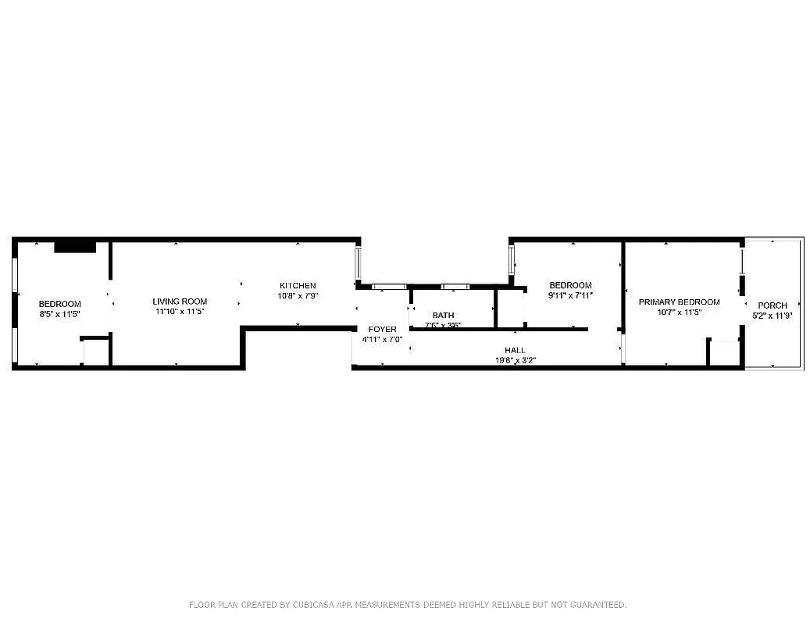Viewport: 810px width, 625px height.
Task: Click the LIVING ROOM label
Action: pyautogui.click(x=180, y=302)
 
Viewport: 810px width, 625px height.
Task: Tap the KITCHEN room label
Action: pyautogui.click(x=298, y=286)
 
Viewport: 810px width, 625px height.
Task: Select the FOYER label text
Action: pyautogui.click(x=382, y=330)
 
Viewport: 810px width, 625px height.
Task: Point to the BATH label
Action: pyautogui.click(x=443, y=316)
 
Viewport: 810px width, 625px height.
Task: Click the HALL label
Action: pyautogui.click(x=515, y=351)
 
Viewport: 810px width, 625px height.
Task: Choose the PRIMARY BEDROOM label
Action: pyautogui.click(x=679, y=302)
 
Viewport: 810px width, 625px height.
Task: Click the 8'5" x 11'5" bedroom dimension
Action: pyautogui.click(x=60, y=313)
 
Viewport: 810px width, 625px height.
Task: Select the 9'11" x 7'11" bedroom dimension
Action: pyautogui.click(x=570, y=295)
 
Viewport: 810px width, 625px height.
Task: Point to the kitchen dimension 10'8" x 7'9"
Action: pyautogui.click(x=298, y=296)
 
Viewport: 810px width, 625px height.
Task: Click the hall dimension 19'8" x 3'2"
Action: pyautogui.click(x=515, y=360)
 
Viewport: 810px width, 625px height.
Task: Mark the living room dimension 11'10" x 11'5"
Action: pyautogui.click(x=180, y=312)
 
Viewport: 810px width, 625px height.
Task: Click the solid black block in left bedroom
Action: pyautogui.click(x=75, y=247)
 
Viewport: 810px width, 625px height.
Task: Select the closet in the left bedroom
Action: pyautogui.click(x=95, y=352)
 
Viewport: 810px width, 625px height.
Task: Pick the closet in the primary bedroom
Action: pyautogui.click(x=724, y=353)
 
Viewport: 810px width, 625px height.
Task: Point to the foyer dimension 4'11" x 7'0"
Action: pyautogui.click(x=382, y=340)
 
